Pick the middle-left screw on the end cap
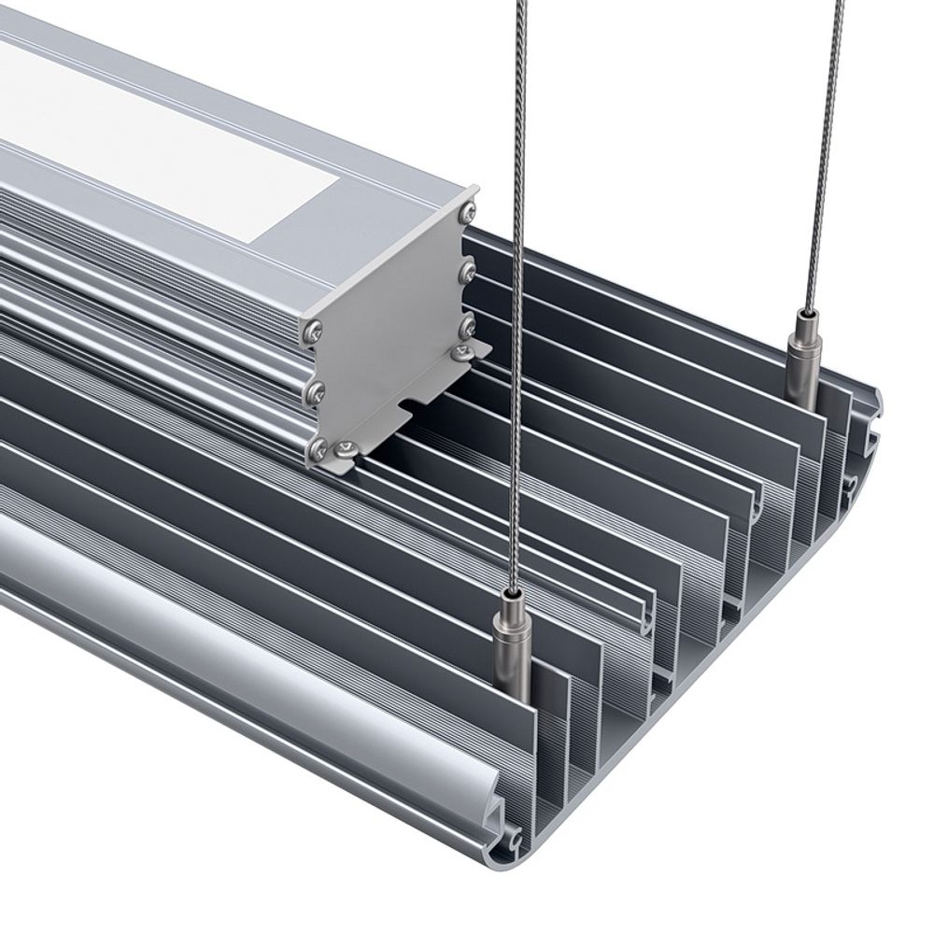click(x=315, y=392)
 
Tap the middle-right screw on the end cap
click(x=467, y=272)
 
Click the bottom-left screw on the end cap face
click(x=318, y=450)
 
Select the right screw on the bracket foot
click(x=462, y=352)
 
